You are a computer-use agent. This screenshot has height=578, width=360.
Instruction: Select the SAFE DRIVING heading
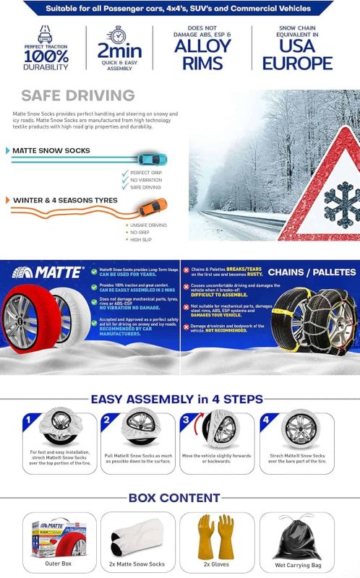(x=77, y=96)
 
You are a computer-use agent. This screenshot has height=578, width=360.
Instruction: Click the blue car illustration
(x=152, y=159)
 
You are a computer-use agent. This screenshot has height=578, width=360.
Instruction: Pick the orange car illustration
(x=152, y=205)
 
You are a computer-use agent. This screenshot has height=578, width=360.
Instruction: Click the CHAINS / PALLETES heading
(x=312, y=272)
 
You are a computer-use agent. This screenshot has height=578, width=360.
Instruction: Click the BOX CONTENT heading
(x=173, y=498)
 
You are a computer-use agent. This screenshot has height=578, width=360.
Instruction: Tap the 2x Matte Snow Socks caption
(x=138, y=564)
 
